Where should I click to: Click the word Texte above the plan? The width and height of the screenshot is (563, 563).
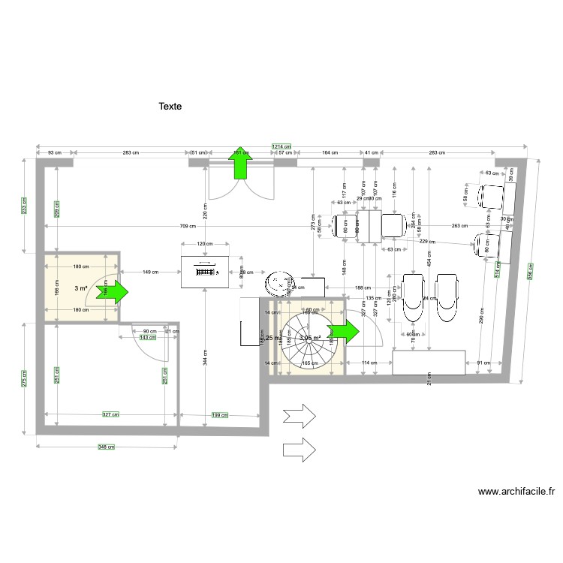pos(170,107)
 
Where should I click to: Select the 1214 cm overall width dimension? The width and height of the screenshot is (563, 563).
pos(281,147)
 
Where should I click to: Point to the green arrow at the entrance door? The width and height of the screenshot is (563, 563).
pos(241,164)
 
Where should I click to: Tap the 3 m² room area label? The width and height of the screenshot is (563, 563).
pos(81,288)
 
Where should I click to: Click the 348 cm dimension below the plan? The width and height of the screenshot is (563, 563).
pos(107,447)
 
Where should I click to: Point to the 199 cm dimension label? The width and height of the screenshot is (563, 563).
pos(220,414)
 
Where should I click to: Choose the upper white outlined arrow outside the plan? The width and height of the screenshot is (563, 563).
pos(300,415)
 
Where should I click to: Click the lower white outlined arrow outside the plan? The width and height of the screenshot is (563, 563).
pos(300,450)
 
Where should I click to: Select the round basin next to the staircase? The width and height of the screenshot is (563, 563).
pos(279,285)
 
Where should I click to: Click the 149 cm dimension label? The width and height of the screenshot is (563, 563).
pos(151,272)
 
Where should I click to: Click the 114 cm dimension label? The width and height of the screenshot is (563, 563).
pos(369,363)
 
